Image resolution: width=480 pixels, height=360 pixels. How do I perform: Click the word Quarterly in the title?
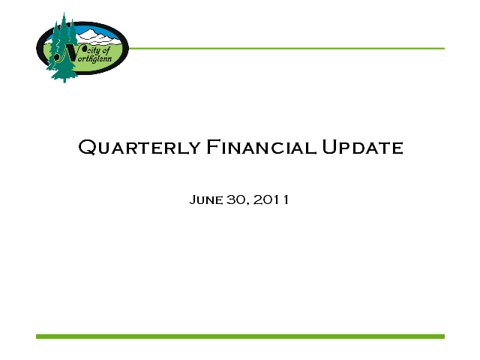(139, 147)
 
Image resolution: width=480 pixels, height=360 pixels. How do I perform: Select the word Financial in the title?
(261, 147)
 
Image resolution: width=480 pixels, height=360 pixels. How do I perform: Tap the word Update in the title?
(363, 147)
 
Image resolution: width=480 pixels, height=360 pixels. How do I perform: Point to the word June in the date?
(206, 200)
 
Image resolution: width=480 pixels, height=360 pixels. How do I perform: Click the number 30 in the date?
(235, 199)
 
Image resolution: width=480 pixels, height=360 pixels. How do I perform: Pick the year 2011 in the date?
(271, 199)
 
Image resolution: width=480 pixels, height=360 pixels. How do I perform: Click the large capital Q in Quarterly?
(88, 147)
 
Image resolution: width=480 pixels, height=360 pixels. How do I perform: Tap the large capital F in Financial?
(213, 147)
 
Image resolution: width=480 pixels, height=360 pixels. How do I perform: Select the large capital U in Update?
(330, 147)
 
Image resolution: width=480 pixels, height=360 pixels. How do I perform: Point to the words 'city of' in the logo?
(98, 50)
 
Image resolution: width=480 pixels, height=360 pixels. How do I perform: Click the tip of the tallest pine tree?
(64, 13)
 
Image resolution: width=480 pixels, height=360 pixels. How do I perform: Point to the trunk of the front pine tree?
(64, 80)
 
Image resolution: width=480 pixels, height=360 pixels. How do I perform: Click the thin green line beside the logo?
(286, 48)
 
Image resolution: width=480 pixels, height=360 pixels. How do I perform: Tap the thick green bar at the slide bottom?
(240, 337)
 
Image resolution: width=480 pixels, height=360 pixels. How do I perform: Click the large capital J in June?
(193, 200)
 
